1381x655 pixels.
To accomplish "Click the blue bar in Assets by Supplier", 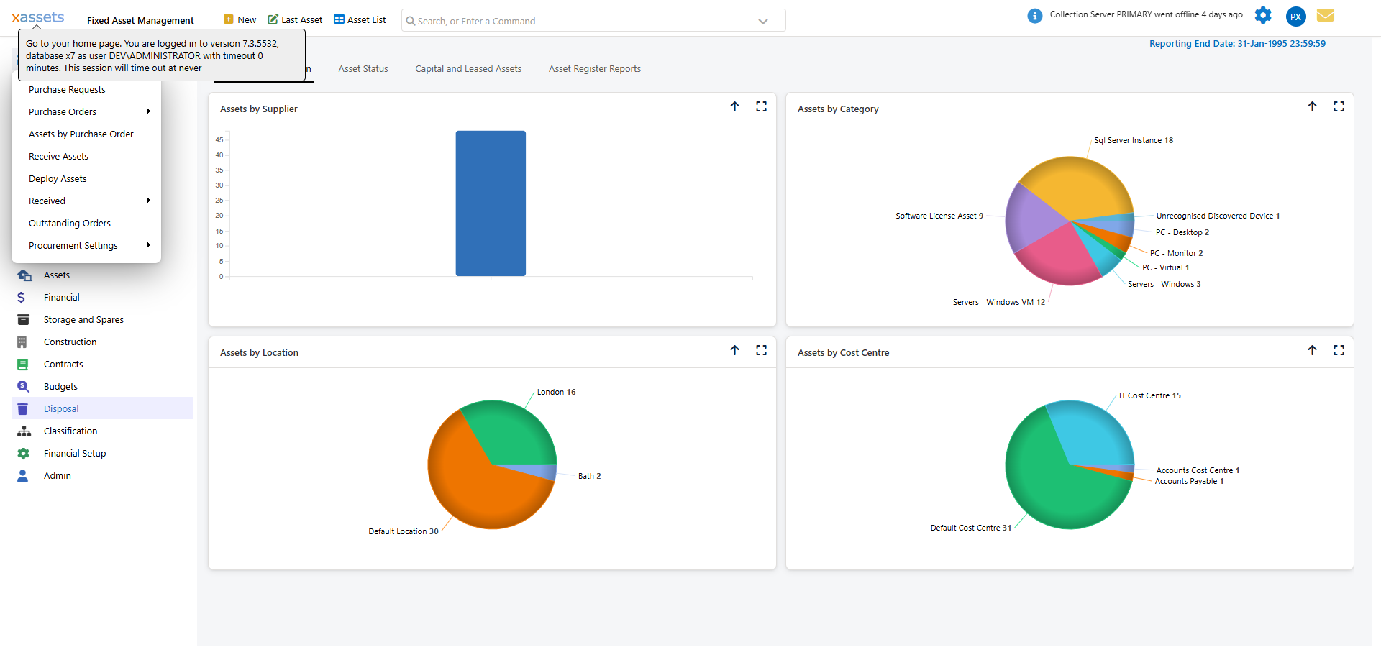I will (x=491, y=203).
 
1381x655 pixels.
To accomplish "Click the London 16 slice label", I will (x=556, y=392).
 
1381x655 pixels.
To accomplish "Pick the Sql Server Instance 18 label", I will (x=1133, y=140).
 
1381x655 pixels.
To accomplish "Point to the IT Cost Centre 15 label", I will (x=1149, y=395).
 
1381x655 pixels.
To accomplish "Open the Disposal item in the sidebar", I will (x=61, y=408).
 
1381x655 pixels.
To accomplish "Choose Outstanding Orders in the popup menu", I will (x=70, y=223).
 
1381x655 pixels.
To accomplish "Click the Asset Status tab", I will (x=363, y=69).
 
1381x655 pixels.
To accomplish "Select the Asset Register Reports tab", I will (x=594, y=69).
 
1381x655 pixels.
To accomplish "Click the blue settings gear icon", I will (x=1263, y=15).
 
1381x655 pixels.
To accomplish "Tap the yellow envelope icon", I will (x=1325, y=15).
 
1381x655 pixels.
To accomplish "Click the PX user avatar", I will (x=1295, y=17).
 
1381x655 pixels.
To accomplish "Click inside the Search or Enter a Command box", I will (x=575, y=21).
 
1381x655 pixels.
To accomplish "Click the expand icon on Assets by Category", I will (x=1339, y=106).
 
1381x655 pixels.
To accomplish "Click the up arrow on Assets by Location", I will (x=734, y=350).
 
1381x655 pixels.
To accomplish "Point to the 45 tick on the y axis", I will (x=219, y=139).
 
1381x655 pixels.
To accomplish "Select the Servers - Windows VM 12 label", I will (x=998, y=302).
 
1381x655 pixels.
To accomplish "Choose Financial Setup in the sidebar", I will (x=75, y=453).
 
